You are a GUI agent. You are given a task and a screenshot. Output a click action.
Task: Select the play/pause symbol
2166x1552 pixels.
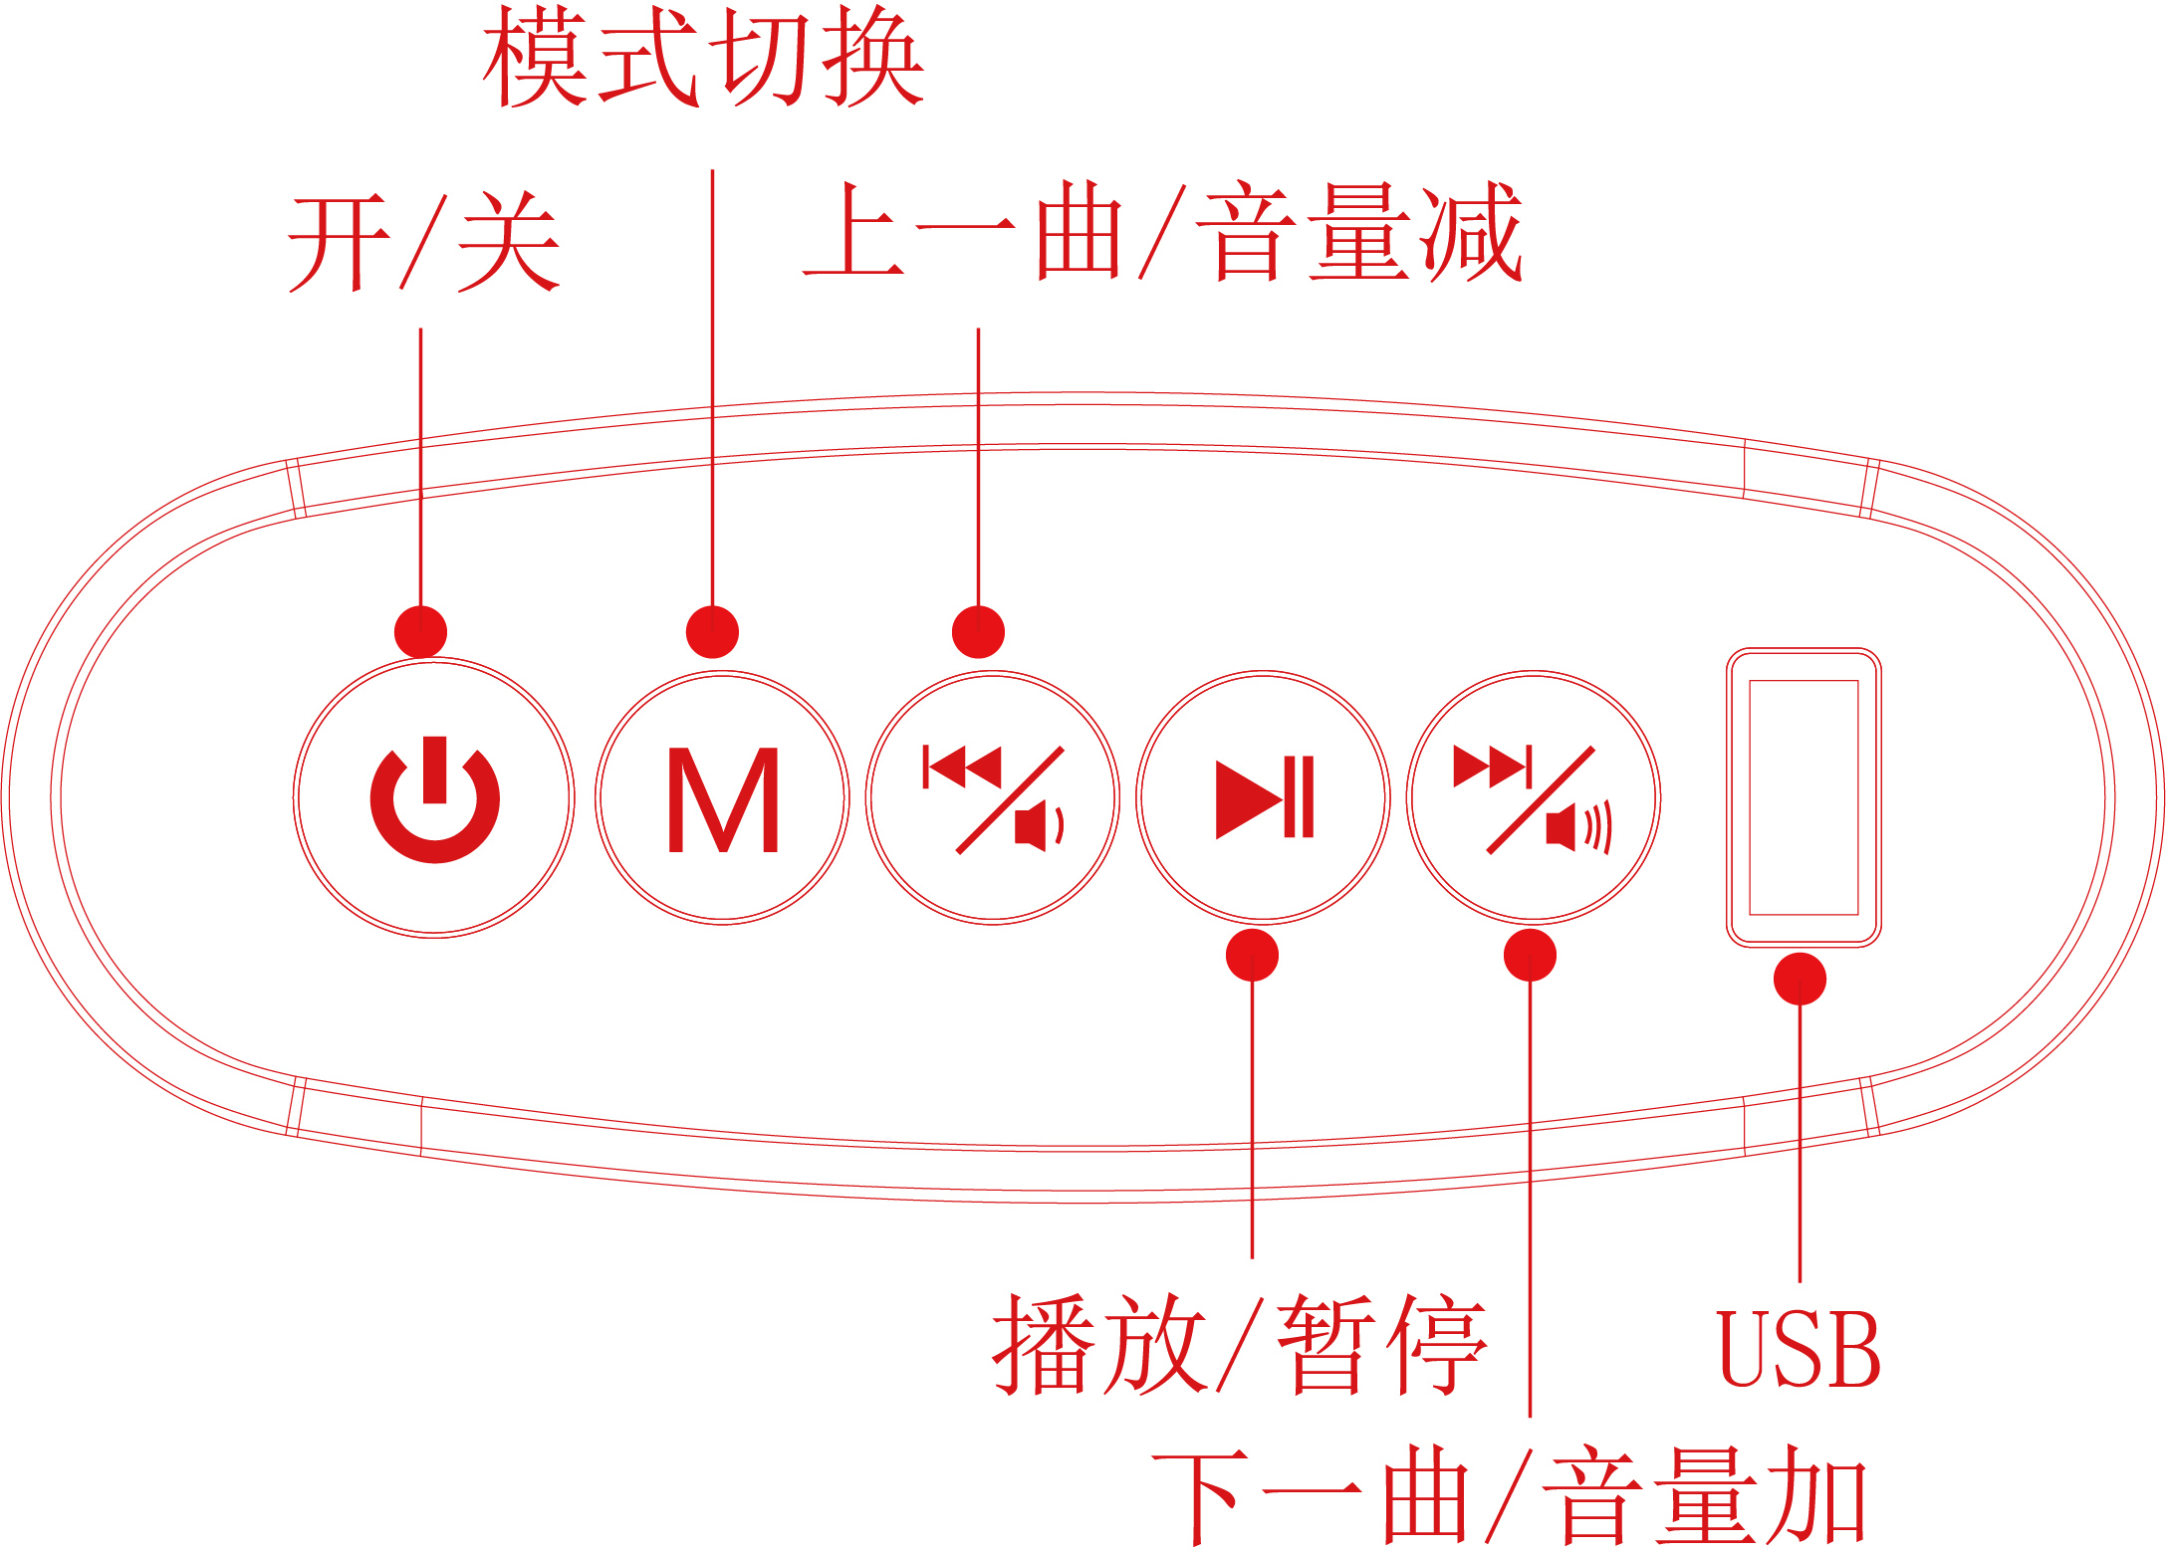(1264, 797)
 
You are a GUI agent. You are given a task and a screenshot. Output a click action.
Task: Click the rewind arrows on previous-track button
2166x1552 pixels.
(962, 768)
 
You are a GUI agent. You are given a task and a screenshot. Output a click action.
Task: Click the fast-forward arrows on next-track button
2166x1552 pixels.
(1492, 768)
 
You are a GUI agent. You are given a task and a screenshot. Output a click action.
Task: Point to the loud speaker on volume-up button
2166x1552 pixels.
(1577, 828)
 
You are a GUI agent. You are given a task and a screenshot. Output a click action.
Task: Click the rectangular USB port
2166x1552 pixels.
(1804, 797)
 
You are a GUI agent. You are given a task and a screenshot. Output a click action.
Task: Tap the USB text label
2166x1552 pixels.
(1800, 1350)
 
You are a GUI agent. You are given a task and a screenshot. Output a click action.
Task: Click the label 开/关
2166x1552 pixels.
(424, 242)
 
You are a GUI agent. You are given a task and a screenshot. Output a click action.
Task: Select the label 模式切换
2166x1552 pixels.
(703, 57)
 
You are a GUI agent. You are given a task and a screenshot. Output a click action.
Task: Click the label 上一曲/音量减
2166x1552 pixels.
(1163, 233)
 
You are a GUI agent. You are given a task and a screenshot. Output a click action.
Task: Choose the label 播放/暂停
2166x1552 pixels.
(1239, 1345)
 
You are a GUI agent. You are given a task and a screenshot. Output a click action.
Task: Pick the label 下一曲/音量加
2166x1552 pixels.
(1509, 1495)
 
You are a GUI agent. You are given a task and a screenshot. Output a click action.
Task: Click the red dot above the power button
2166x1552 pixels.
(420, 631)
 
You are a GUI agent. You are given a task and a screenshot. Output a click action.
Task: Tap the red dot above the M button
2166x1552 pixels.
(712, 631)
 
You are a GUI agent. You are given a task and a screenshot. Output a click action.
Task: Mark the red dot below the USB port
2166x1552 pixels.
(1800, 979)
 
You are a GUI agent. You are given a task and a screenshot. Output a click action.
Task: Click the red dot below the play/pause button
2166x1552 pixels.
(1252, 956)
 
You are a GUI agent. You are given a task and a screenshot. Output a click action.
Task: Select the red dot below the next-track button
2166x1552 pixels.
(1530, 956)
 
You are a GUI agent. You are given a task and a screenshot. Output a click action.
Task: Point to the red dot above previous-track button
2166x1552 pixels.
(978, 631)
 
